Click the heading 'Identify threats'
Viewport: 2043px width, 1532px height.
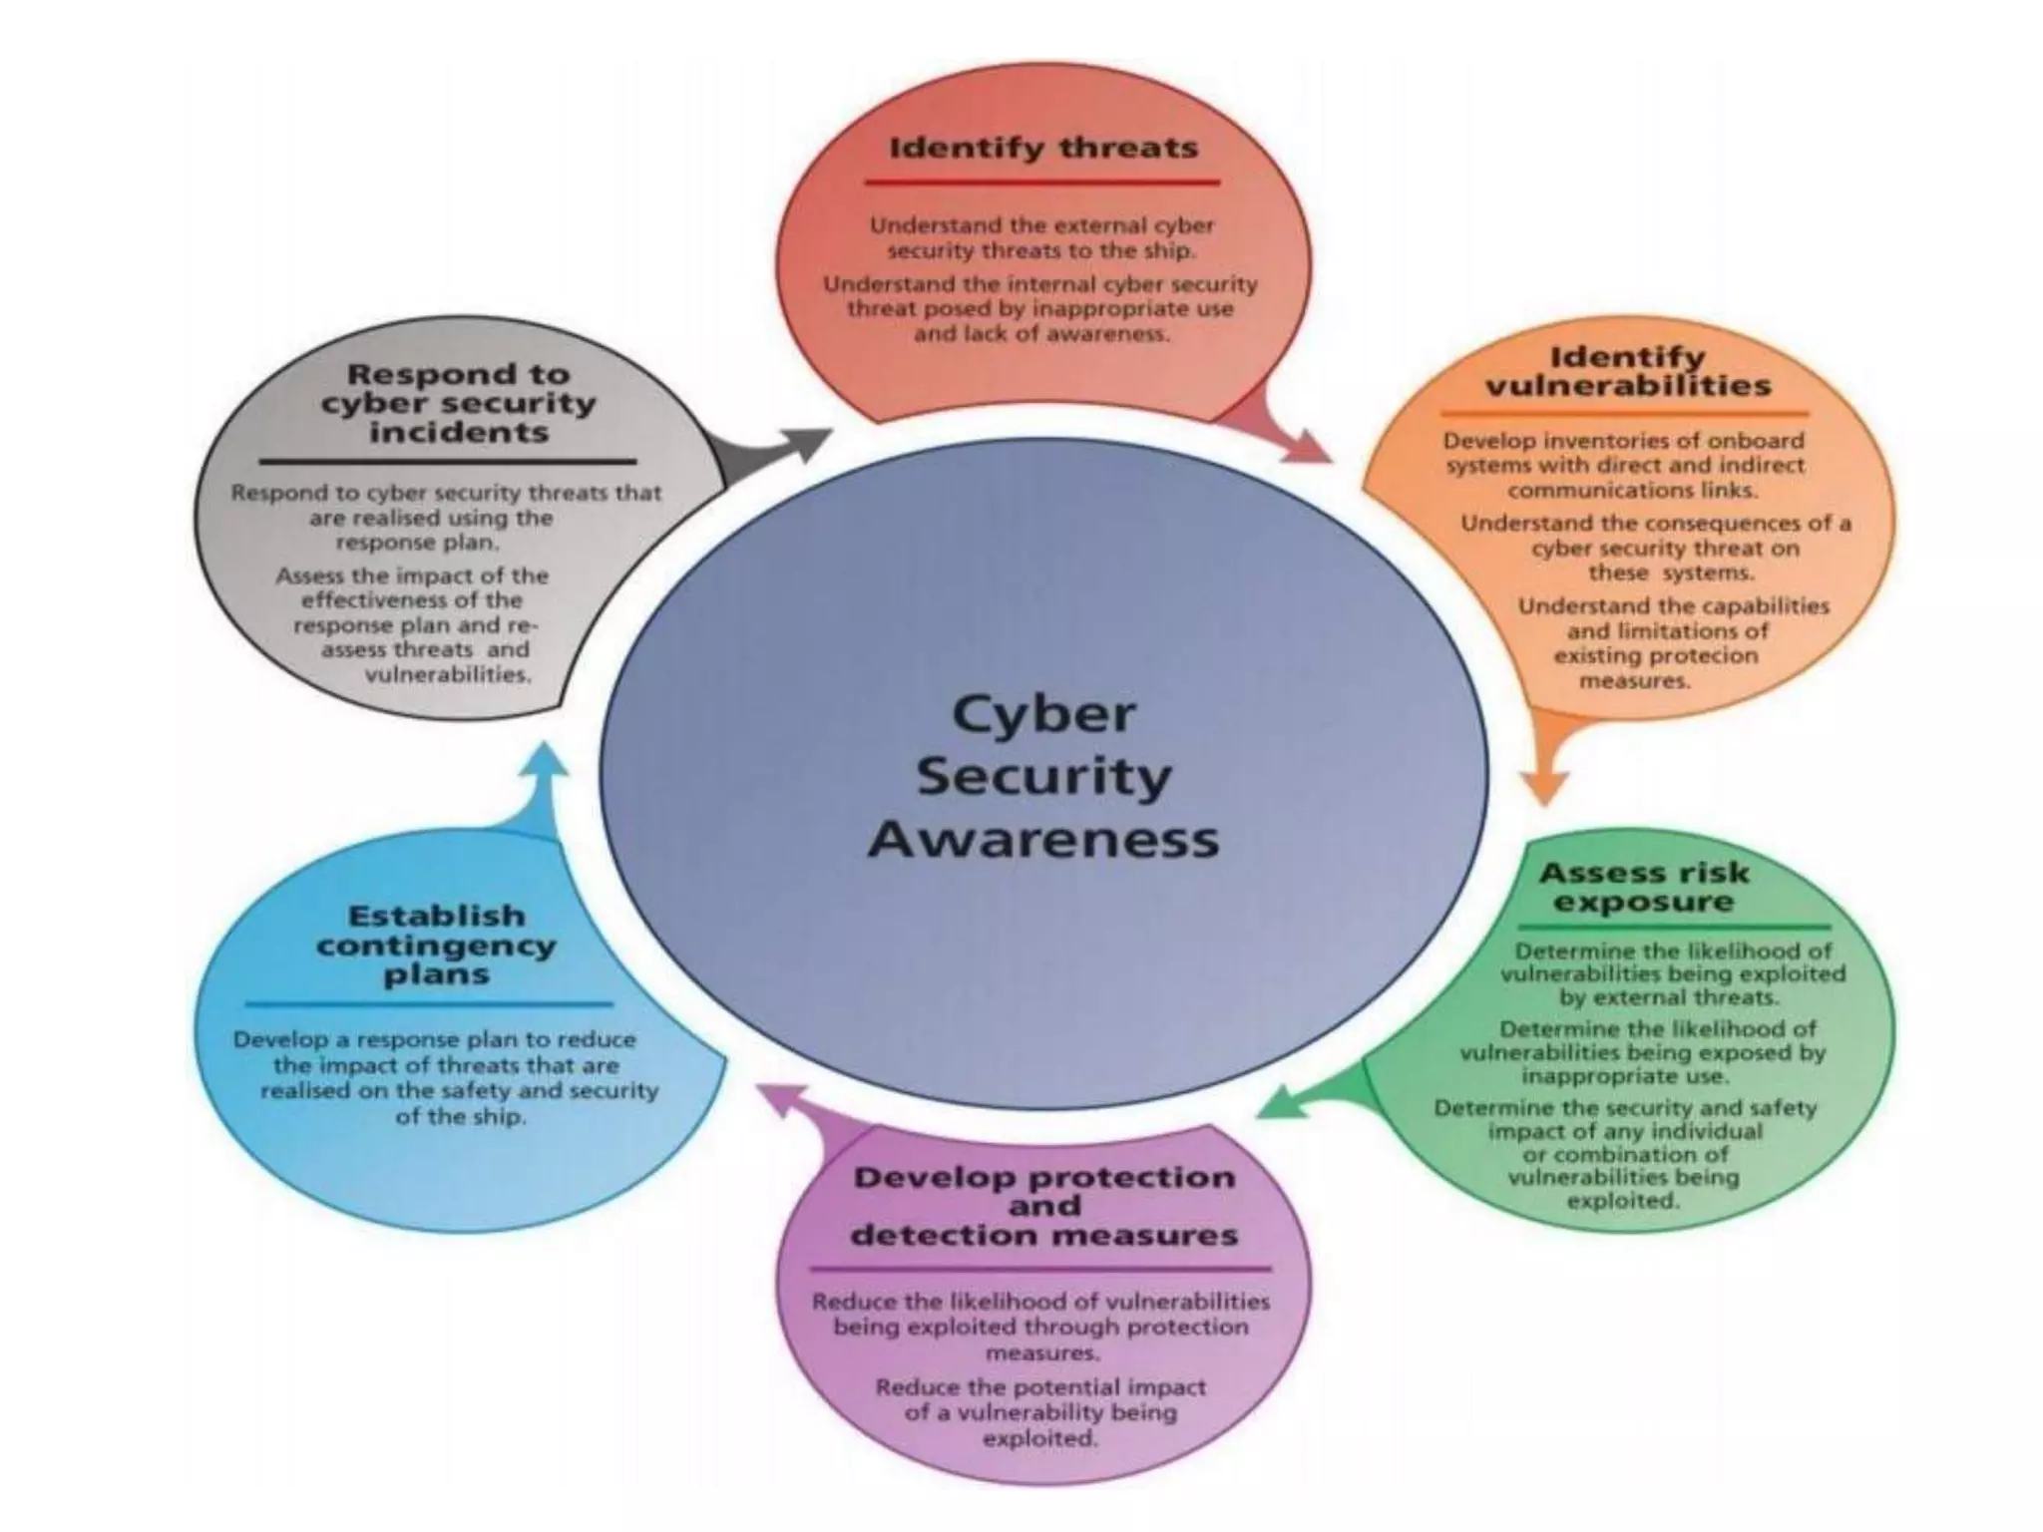pos(1042,149)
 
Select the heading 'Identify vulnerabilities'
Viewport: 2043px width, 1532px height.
pos(1628,371)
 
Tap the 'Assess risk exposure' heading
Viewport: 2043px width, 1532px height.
pos(1644,887)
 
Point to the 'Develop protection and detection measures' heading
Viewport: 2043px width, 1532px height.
pos(1044,1206)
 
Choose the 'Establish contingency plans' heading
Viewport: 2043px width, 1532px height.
pos(436,944)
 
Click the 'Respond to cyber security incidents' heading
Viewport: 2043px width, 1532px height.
pos(458,403)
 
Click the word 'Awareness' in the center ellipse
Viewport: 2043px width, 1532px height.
pos(1043,839)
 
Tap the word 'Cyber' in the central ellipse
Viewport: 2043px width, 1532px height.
pos(1043,713)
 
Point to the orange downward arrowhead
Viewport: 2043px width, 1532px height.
pos(1545,787)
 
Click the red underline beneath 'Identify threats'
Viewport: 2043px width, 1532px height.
pos(1042,183)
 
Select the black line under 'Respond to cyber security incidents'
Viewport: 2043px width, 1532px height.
pos(448,462)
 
